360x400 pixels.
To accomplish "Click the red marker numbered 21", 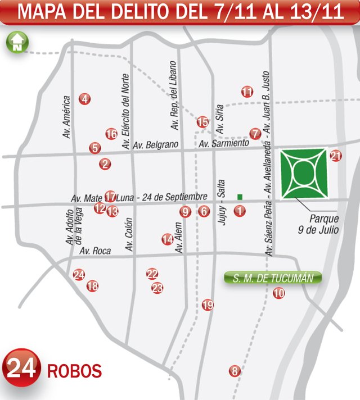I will point(336,156).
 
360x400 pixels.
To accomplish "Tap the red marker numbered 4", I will point(84,99).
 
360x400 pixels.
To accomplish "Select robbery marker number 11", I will point(247,92).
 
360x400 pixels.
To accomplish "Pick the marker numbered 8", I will point(235,371).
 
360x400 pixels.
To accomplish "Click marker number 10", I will point(278,293).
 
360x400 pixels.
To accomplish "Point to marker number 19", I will point(208,305).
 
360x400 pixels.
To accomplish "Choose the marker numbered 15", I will point(202,121).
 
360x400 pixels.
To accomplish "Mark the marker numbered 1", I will point(240,211).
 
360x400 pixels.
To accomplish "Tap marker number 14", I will point(167,239).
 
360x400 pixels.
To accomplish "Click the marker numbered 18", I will point(92,286).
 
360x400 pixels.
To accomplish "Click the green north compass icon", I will point(16,42).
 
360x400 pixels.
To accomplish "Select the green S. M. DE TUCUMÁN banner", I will point(273,278).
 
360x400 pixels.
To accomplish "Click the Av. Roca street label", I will point(95,251).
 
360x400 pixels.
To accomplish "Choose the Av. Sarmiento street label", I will point(223,144).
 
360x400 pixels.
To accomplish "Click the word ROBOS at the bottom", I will point(74,371).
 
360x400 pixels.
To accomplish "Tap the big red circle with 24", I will point(22,369).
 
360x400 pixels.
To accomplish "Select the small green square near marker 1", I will point(240,197).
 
